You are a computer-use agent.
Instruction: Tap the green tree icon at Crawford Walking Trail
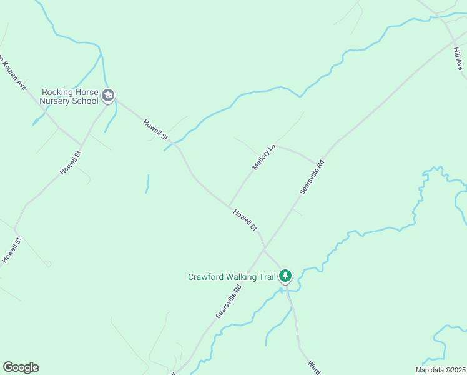pos(285,276)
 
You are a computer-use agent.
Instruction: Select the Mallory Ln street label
pos(263,157)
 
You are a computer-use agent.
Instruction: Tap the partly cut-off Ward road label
pos(314,367)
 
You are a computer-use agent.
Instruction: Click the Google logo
pos(21,367)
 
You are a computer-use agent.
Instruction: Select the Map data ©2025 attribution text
pos(441,370)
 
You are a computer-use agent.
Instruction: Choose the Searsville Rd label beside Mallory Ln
pos(312,177)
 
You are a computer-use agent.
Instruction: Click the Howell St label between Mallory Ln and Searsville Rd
pos(245,220)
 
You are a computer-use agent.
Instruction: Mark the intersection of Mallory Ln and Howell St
pos(229,206)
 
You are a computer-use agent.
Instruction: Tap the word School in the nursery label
pos(86,101)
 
